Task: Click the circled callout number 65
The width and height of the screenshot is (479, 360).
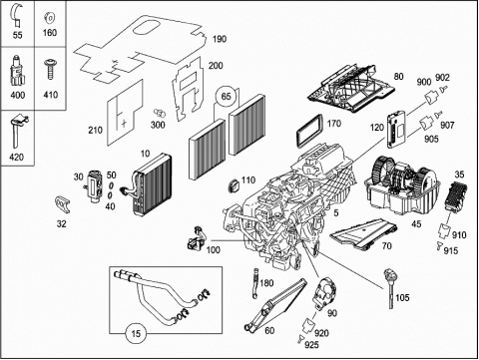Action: click(226, 97)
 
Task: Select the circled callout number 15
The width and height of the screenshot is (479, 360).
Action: click(136, 333)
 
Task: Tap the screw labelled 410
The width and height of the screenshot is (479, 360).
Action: click(51, 69)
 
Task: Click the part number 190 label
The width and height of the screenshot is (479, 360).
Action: click(220, 39)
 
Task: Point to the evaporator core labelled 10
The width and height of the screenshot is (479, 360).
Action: click(149, 184)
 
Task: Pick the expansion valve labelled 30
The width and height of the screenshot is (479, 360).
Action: click(93, 185)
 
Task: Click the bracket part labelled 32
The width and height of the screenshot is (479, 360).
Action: click(62, 204)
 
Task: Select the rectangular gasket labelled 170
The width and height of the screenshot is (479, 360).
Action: click(309, 132)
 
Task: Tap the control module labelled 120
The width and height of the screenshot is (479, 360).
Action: click(396, 129)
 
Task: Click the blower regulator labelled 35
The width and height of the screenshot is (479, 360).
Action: click(456, 196)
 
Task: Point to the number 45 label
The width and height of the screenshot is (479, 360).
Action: click(416, 224)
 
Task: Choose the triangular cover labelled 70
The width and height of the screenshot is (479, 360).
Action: click(364, 233)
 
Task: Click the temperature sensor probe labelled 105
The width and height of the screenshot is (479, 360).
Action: click(390, 288)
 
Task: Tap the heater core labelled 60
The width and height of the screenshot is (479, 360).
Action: click(275, 304)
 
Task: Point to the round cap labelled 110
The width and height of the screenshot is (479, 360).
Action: click(235, 185)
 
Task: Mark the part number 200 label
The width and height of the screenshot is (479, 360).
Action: click(216, 66)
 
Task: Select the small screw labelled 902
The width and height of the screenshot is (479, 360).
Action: click(441, 90)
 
